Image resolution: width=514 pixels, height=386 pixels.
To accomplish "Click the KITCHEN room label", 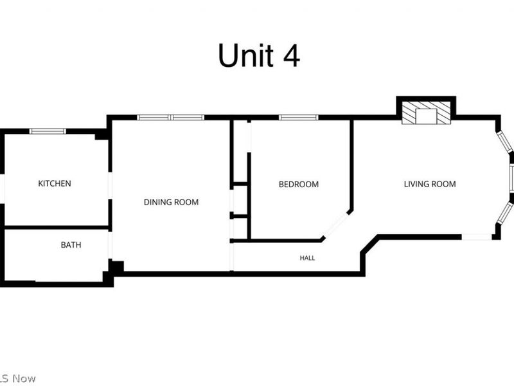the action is pos(55,183).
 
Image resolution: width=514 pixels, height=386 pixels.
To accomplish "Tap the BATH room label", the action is pos(71,245).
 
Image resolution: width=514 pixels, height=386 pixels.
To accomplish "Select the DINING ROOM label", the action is pos(171,202).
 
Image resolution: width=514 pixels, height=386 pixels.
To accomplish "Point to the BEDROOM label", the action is pos(299,185).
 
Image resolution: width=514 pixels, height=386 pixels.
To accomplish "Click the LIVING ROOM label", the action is pos(430,184).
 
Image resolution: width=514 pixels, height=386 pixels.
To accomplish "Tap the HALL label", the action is pos(307,258).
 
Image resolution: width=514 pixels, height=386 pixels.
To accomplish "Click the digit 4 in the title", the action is pos(291,55).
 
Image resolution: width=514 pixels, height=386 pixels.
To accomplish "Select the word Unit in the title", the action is pos(246,55).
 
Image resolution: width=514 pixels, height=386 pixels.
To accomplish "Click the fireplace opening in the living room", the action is pos(426,116).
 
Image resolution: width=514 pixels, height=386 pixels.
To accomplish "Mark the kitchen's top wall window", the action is pos(48,131).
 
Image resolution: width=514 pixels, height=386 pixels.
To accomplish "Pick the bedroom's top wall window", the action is pos(298,118).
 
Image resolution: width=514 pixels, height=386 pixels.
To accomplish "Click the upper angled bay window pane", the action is pos(505,142).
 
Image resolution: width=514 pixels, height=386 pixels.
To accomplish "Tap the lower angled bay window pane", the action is pos(505,213).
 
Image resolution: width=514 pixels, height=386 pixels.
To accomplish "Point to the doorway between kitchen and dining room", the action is pos(110,185).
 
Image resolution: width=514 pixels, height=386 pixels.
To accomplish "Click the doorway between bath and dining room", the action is pos(110,245).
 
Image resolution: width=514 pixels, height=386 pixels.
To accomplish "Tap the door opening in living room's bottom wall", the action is pos(477,237).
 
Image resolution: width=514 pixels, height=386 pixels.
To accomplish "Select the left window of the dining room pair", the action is pos(154,118).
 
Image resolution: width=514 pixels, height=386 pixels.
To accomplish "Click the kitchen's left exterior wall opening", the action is pos(3,188).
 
